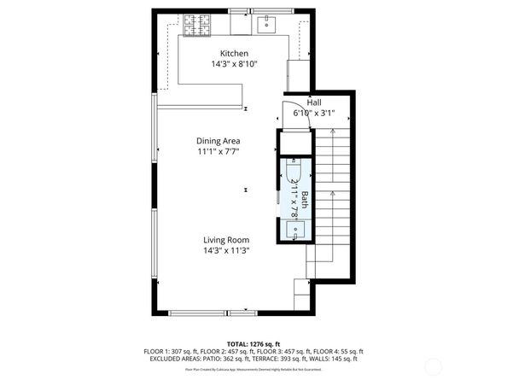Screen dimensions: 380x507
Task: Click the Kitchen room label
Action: tap(234, 54)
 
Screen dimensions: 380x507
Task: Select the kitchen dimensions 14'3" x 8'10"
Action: tap(234, 64)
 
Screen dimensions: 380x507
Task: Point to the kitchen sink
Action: tap(266, 23)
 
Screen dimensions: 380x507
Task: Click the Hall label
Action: tap(314, 102)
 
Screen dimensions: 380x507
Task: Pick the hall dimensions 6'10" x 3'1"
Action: tap(314, 112)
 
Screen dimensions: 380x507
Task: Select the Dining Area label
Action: tap(219, 141)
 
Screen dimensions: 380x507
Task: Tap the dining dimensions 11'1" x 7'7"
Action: tap(219, 151)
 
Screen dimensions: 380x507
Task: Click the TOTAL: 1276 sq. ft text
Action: tap(253, 343)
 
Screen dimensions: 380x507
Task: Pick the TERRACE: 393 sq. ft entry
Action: tap(277, 358)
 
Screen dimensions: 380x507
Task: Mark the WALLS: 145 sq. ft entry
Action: tap(337, 358)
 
